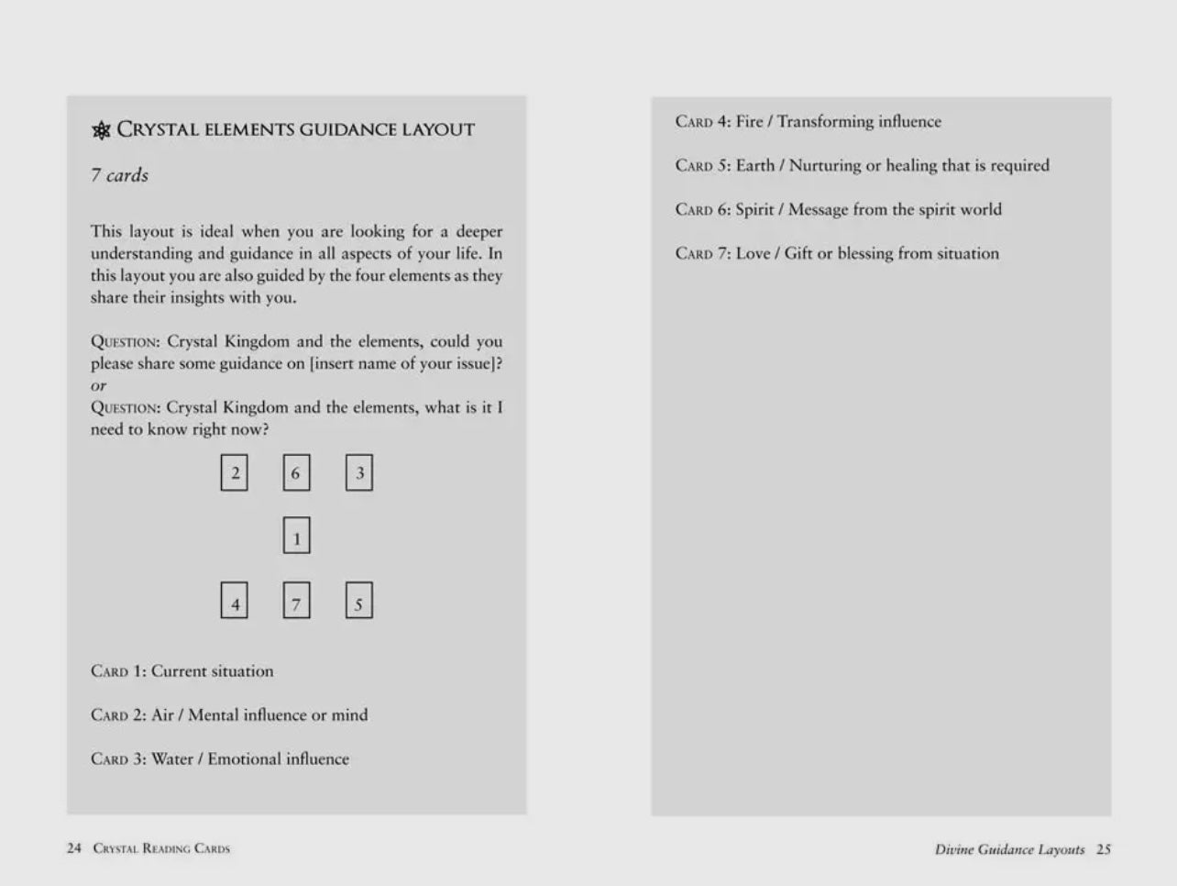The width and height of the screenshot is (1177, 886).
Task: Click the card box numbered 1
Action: [x=296, y=537]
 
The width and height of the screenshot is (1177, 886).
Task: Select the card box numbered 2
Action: [x=235, y=473]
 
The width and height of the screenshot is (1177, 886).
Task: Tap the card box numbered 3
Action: [x=359, y=473]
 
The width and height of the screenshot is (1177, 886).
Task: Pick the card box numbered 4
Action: [x=235, y=602]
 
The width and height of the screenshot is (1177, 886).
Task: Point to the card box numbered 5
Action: [x=359, y=602]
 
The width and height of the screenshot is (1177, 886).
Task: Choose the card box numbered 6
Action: [x=296, y=473]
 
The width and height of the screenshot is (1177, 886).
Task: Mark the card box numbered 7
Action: [x=296, y=602]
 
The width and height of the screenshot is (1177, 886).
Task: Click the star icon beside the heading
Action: [x=102, y=130]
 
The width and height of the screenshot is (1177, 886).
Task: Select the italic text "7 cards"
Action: [x=119, y=175]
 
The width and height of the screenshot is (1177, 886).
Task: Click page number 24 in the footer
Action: [x=74, y=848]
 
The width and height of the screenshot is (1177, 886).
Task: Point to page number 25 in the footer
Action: [x=1104, y=849]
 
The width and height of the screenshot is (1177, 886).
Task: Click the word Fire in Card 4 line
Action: [x=749, y=121]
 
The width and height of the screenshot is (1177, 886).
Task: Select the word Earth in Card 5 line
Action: [x=754, y=165]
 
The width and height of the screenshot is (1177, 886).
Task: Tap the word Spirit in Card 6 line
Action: [x=754, y=209]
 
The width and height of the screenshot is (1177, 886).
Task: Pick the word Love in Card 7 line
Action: [x=753, y=253]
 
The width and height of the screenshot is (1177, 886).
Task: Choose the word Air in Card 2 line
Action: [x=162, y=714]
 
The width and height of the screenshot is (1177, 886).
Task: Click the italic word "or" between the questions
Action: [x=99, y=386]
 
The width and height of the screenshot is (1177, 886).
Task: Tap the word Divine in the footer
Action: [x=953, y=849]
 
